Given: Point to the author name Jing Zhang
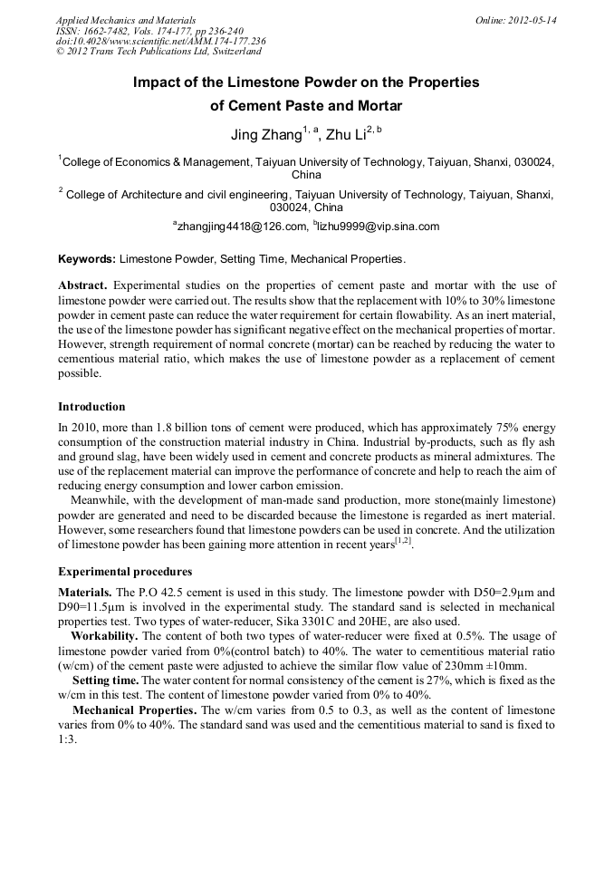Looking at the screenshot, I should [x=266, y=136].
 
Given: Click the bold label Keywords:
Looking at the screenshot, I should [x=87, y=259].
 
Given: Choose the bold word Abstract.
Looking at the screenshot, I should [x=82, y=285].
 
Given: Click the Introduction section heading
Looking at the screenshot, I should [x=91, y=407].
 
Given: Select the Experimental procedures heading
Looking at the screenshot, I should [x=124, y=572].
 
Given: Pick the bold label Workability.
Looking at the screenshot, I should [x=105, y=636].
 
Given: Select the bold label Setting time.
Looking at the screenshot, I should [x=106, y=680].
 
